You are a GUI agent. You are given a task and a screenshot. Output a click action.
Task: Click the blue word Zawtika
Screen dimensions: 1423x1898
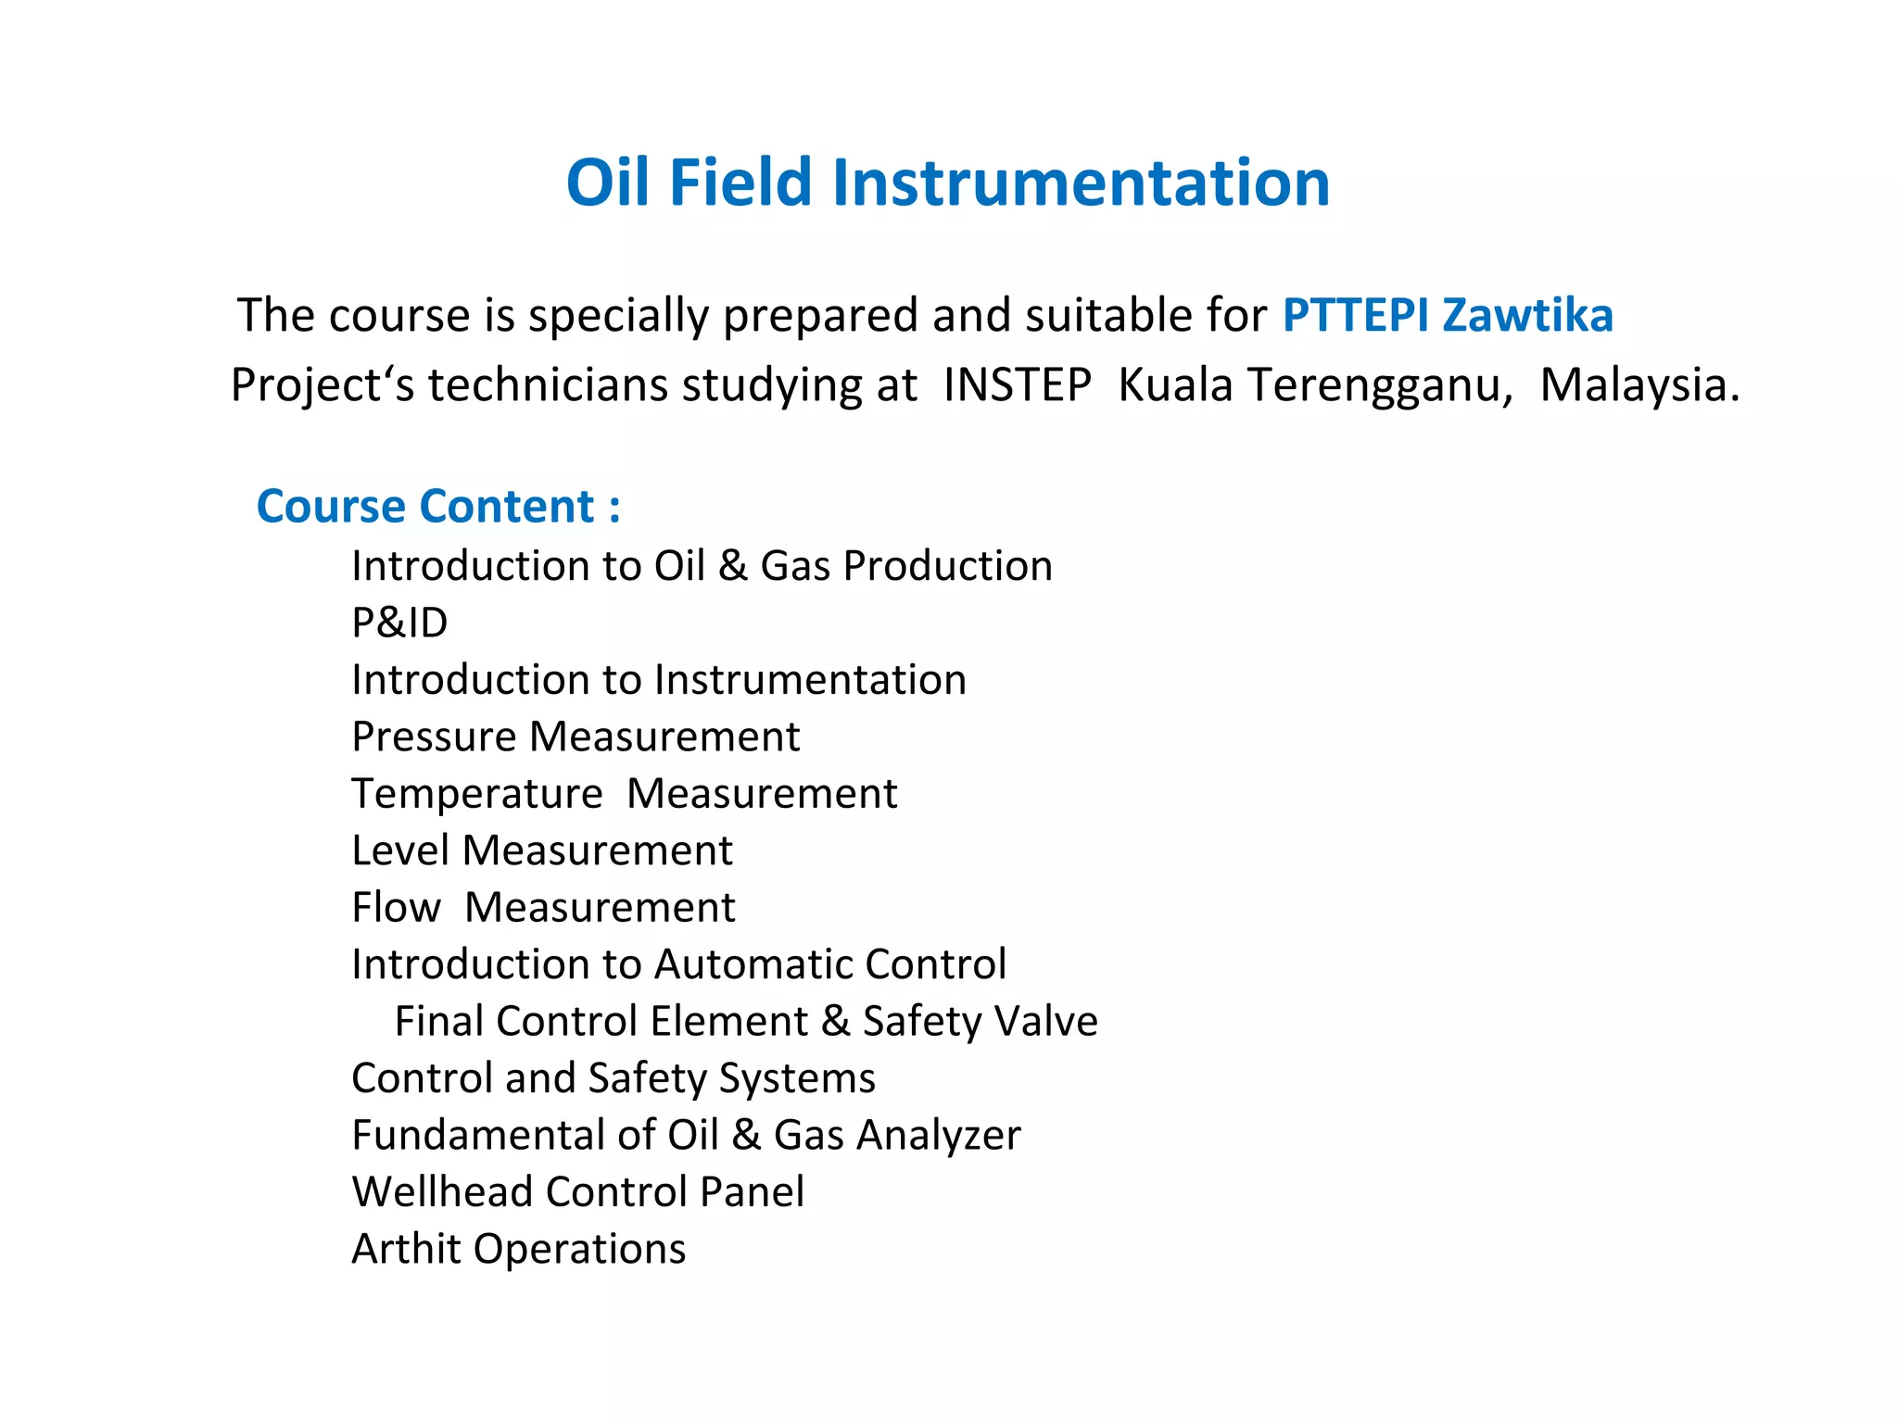(1528, 315)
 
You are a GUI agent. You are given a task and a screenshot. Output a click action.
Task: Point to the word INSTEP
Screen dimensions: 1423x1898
(1017, 384)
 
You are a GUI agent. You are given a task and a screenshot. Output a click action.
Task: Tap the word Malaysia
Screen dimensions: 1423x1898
(1639, 384)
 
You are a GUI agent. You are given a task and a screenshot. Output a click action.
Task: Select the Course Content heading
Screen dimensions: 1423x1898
(438, 507)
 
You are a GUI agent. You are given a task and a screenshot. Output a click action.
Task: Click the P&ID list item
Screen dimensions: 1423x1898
(399, 623)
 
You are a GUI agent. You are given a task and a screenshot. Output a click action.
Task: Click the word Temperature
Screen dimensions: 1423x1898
(477, 794)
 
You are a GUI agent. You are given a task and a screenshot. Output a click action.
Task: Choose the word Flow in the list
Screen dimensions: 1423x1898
(396, 907)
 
